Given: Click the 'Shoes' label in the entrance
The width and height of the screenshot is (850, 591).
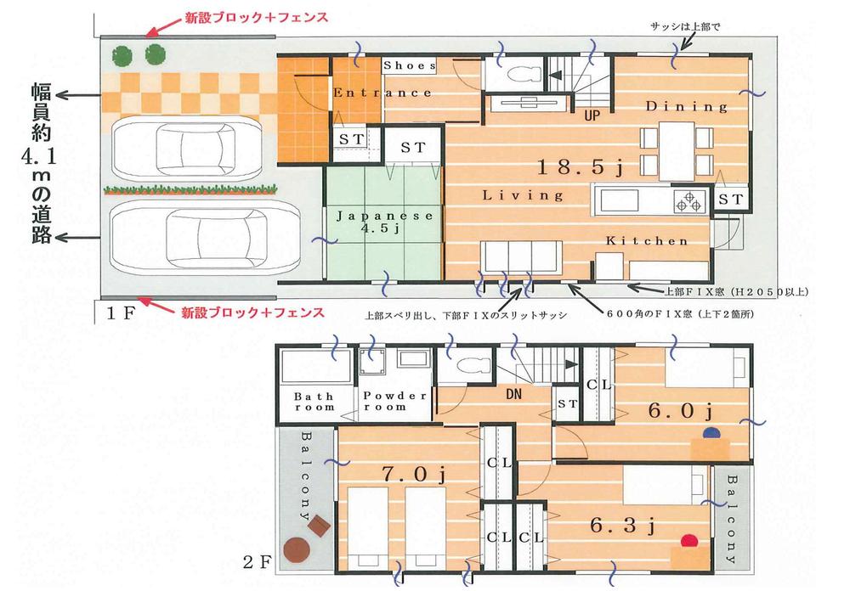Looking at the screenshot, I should coord(410,65).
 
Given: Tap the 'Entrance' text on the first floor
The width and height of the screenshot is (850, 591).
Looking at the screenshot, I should coord(382,93).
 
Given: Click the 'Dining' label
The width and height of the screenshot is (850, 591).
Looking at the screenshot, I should coord(686,107).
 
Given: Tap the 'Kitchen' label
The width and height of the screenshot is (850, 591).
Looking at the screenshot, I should coord(647,241).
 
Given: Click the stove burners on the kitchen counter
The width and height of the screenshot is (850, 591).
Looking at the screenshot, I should coord(688,202).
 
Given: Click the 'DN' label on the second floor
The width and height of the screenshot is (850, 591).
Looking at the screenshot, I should coord(513,396).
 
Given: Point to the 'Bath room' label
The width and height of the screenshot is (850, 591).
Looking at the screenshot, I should coord(314,402).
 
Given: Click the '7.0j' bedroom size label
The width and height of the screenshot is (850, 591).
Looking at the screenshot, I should coord(415,472).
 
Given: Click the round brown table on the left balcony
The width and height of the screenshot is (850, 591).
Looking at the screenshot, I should coord(297,551).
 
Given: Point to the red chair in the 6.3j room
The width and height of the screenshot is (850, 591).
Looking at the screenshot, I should coord(690,539).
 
